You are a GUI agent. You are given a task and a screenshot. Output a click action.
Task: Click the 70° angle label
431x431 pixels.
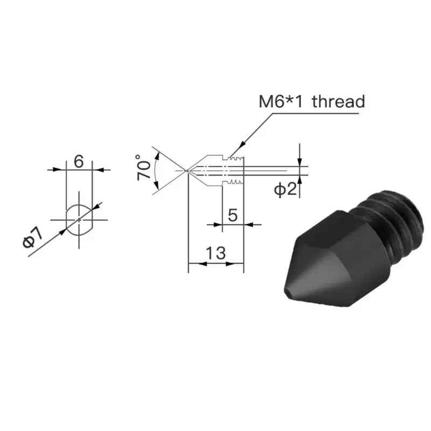[143, 168]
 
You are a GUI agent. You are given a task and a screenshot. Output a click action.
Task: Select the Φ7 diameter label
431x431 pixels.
[33, 238]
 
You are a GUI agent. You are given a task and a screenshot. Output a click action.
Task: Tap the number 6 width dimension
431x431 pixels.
[79, 161]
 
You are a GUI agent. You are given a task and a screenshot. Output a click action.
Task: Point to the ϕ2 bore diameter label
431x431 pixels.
[286, 190]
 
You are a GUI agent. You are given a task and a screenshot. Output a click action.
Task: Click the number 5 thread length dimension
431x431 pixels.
[233, 215]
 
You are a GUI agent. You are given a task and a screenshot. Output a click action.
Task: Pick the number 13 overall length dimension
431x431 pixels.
[216, 253]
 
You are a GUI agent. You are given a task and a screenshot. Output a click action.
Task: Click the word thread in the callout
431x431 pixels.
[338, 101]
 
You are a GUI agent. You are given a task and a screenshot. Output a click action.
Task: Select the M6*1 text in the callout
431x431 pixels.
[281, 101]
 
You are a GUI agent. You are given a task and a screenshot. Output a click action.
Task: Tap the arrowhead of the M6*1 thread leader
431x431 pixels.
[241, 144]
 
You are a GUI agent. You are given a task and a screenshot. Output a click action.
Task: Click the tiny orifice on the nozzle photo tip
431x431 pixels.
[287, 291]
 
